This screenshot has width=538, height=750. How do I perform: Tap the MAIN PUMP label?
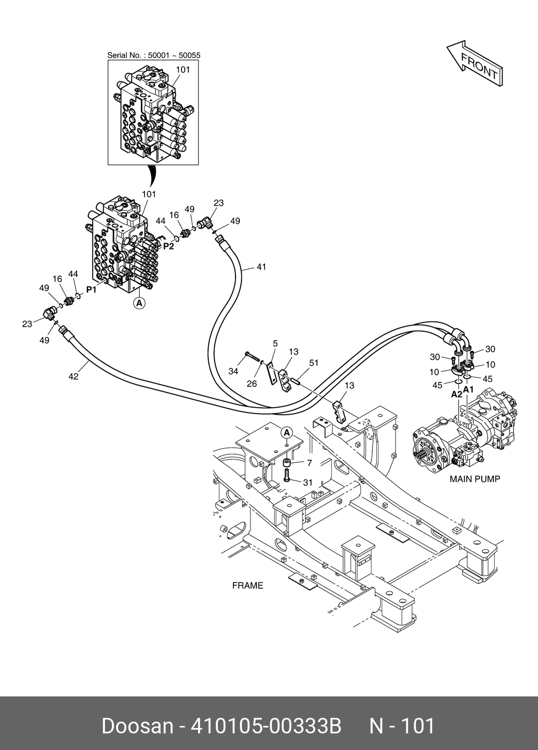tap(474, 479)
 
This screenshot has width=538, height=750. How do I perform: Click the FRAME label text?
tap(247, 586)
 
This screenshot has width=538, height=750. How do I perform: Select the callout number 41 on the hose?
tap(261, 267)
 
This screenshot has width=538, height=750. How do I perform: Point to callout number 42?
tap(73, 377)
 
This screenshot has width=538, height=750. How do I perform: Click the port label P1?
tap(92, 290)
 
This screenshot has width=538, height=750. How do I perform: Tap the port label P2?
tap(169, 246)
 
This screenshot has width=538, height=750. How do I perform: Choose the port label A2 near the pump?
tap(456, 394)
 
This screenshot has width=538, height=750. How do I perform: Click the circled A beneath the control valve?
tap(139, 304)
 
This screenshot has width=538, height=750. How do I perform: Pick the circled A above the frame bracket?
tap(286, 432)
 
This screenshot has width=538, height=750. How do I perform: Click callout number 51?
tap(314, 363)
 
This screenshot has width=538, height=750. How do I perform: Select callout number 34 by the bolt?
tap(233, 371)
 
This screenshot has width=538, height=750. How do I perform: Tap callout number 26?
tap(252, 384)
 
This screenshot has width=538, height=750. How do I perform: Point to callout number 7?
tap(309, 463)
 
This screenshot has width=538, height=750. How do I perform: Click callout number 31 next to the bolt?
tap(307, 483)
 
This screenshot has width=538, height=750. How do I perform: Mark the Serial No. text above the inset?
tap(154, 55)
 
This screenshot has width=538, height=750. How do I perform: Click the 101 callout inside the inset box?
tap(183, 70)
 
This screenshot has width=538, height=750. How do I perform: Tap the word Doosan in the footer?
tap(138, 726)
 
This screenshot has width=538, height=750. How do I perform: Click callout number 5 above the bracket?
tap(275, 343)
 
